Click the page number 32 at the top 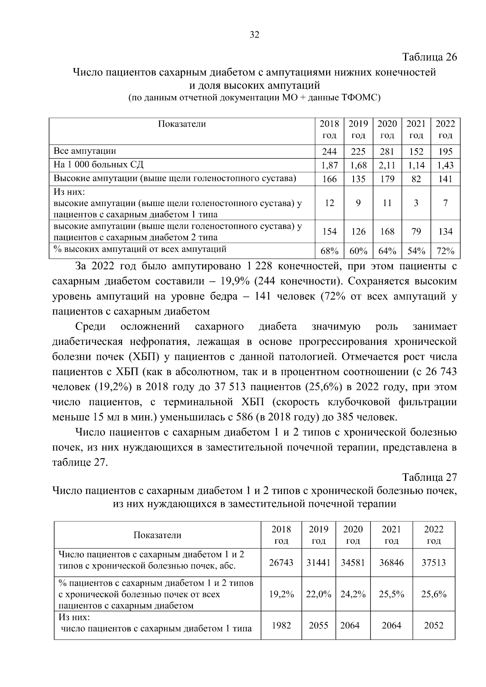[254, 35]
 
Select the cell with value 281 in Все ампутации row [387, 152]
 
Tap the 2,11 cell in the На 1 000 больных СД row [387, 165]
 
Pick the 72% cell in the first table [445, 251]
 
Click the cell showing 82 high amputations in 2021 [416, 179]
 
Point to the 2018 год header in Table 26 [329, 129]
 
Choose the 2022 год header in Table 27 [433, 535]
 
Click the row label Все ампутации [85, 151]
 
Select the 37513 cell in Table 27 [433, 563]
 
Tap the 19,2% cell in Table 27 [281, 594]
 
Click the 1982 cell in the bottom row [281, 625]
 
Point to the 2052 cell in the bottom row [433, 625]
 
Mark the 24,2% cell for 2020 [353, 594]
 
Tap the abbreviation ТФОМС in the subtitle [360, 98]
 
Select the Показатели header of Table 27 [158, 535]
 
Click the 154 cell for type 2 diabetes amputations [329, 232]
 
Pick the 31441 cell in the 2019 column [319, 563]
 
